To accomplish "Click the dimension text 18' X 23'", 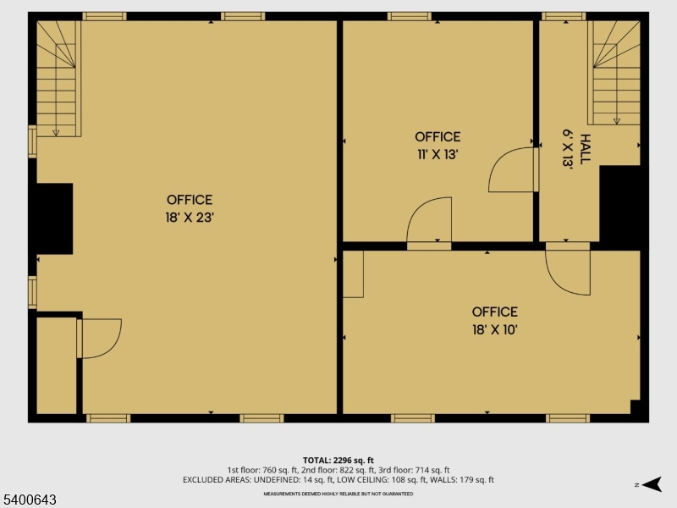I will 190,217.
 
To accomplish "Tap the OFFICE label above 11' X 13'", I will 438,137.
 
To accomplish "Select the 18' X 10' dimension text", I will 495,329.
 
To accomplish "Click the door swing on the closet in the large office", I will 100,338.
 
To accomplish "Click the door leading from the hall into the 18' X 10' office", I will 567,269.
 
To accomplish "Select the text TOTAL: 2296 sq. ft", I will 338,460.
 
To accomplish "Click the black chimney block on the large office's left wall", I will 52,218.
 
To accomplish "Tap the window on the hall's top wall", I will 564,16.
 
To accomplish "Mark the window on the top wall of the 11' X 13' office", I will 410,16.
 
